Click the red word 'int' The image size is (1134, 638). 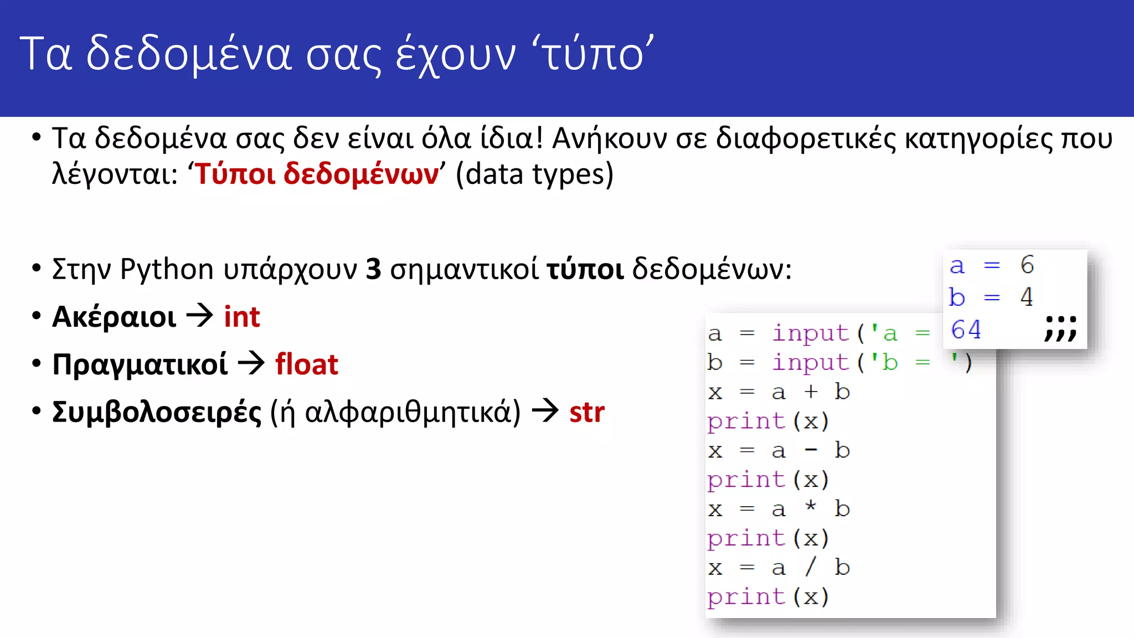(x=242, y=317)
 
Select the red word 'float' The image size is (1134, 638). (x=307, y=364)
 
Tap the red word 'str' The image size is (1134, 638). (x=587, y=412)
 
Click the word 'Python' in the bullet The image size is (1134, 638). (x=167, y=270)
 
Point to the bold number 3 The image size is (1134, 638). (x=374, y=269)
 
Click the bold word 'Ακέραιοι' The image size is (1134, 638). (x=114, y=317)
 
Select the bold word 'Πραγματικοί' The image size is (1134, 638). (x=140, y=365)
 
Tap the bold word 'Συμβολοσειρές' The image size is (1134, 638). (x=157, y=413)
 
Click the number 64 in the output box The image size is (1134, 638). (x=966, y=330)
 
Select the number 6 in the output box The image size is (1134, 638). (x=1027, y=265)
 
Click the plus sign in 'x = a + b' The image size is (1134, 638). (x=811, y=392)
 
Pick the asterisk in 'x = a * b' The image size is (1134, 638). (x=811, y=506)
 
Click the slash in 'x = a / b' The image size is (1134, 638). (x=811, y=567)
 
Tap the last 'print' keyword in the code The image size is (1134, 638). (x=746, y=597)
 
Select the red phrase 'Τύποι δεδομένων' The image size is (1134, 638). (x=317, y=174)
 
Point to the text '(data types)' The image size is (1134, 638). (x=534, y=174)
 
